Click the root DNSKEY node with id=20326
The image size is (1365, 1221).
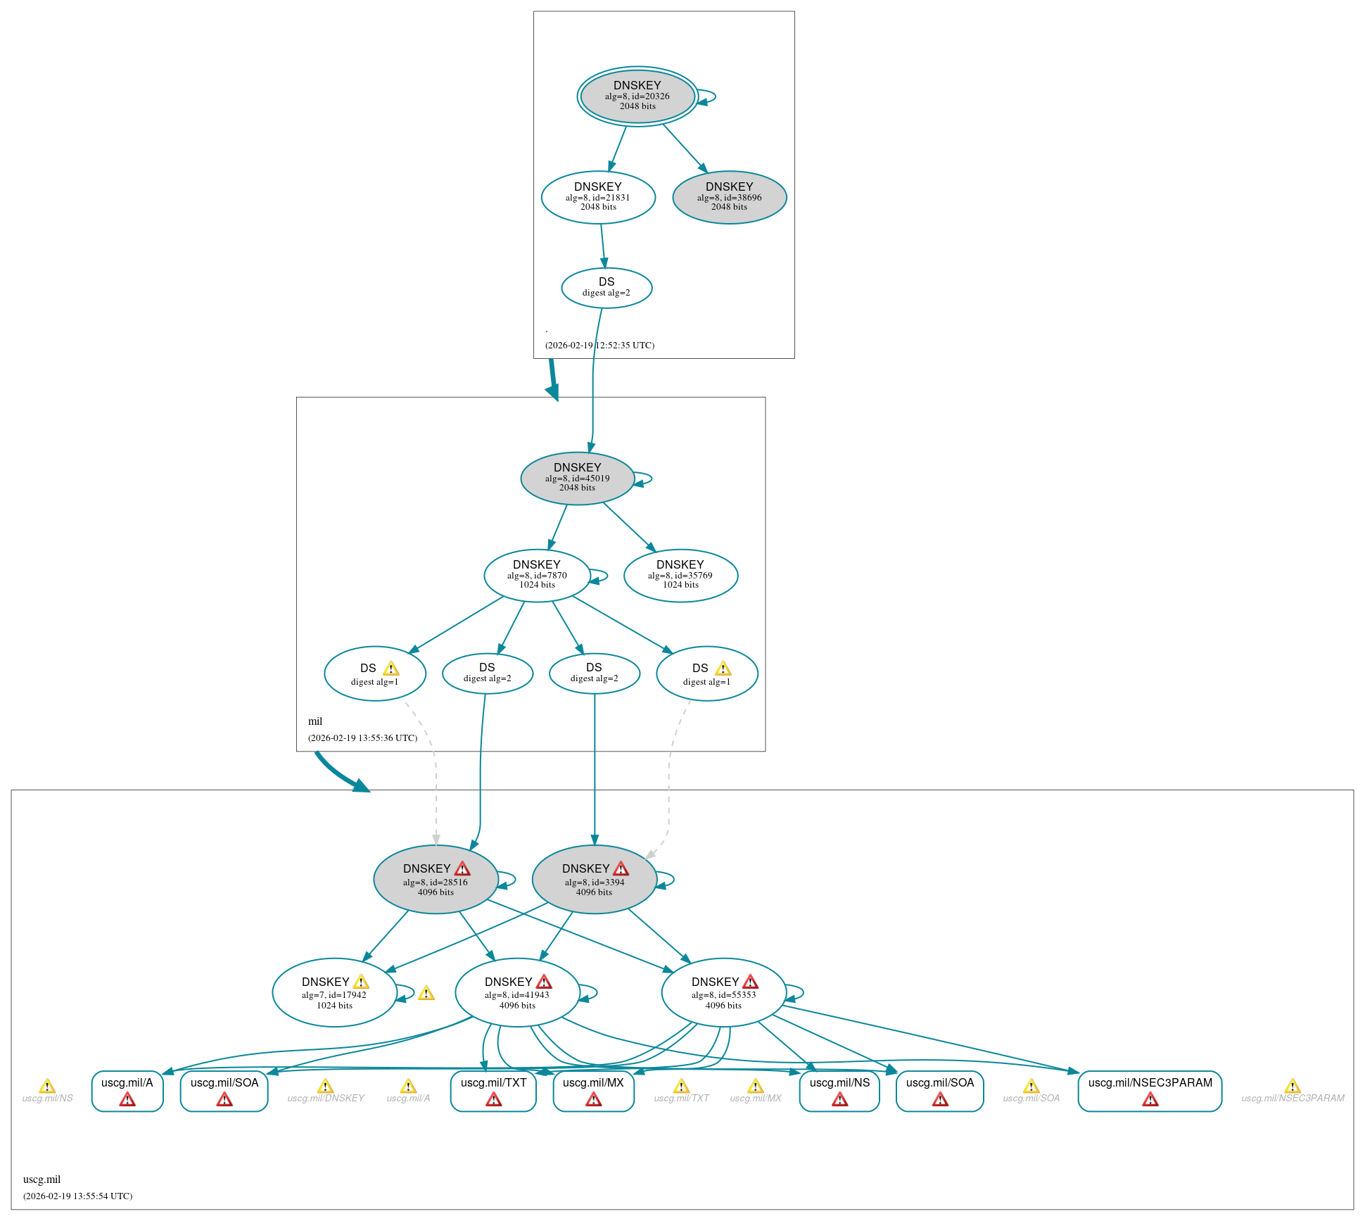click(x=637, y=96)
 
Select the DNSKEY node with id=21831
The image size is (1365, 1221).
click(x=598, y=197)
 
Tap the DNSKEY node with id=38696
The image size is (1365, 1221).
click(x=730, y=197)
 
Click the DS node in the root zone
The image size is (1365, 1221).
click(x=607, y=288)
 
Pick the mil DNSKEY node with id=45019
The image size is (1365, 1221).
click(x=578, y=478)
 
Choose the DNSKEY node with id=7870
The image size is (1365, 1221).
click(x=537, y=575)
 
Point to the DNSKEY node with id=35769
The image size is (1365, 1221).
click(x=680, y=575)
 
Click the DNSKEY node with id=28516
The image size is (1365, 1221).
click(x=436, y=879)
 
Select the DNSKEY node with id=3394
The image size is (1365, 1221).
click(x=595, y=879)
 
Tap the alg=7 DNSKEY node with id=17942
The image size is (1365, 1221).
click(x=335, y=992)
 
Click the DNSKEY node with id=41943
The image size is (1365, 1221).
click(x=518, y=992)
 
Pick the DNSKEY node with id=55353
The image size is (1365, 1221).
click(x=724, y=992)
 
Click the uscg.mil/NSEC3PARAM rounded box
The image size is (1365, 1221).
click(x=1150, y=1091)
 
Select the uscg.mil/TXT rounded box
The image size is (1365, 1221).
click(x=493, y=1091)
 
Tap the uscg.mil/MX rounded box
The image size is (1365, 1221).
click(x=594, y=1091)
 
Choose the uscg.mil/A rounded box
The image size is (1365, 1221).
click(x=127, y=1091)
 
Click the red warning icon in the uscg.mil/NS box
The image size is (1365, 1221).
click(x=840, y=1099)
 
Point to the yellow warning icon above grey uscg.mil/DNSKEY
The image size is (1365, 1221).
click(x=325, y=1086)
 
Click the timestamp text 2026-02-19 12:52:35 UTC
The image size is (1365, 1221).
click(x=599, y=345)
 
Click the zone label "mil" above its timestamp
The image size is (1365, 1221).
click(x=315, y=721)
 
